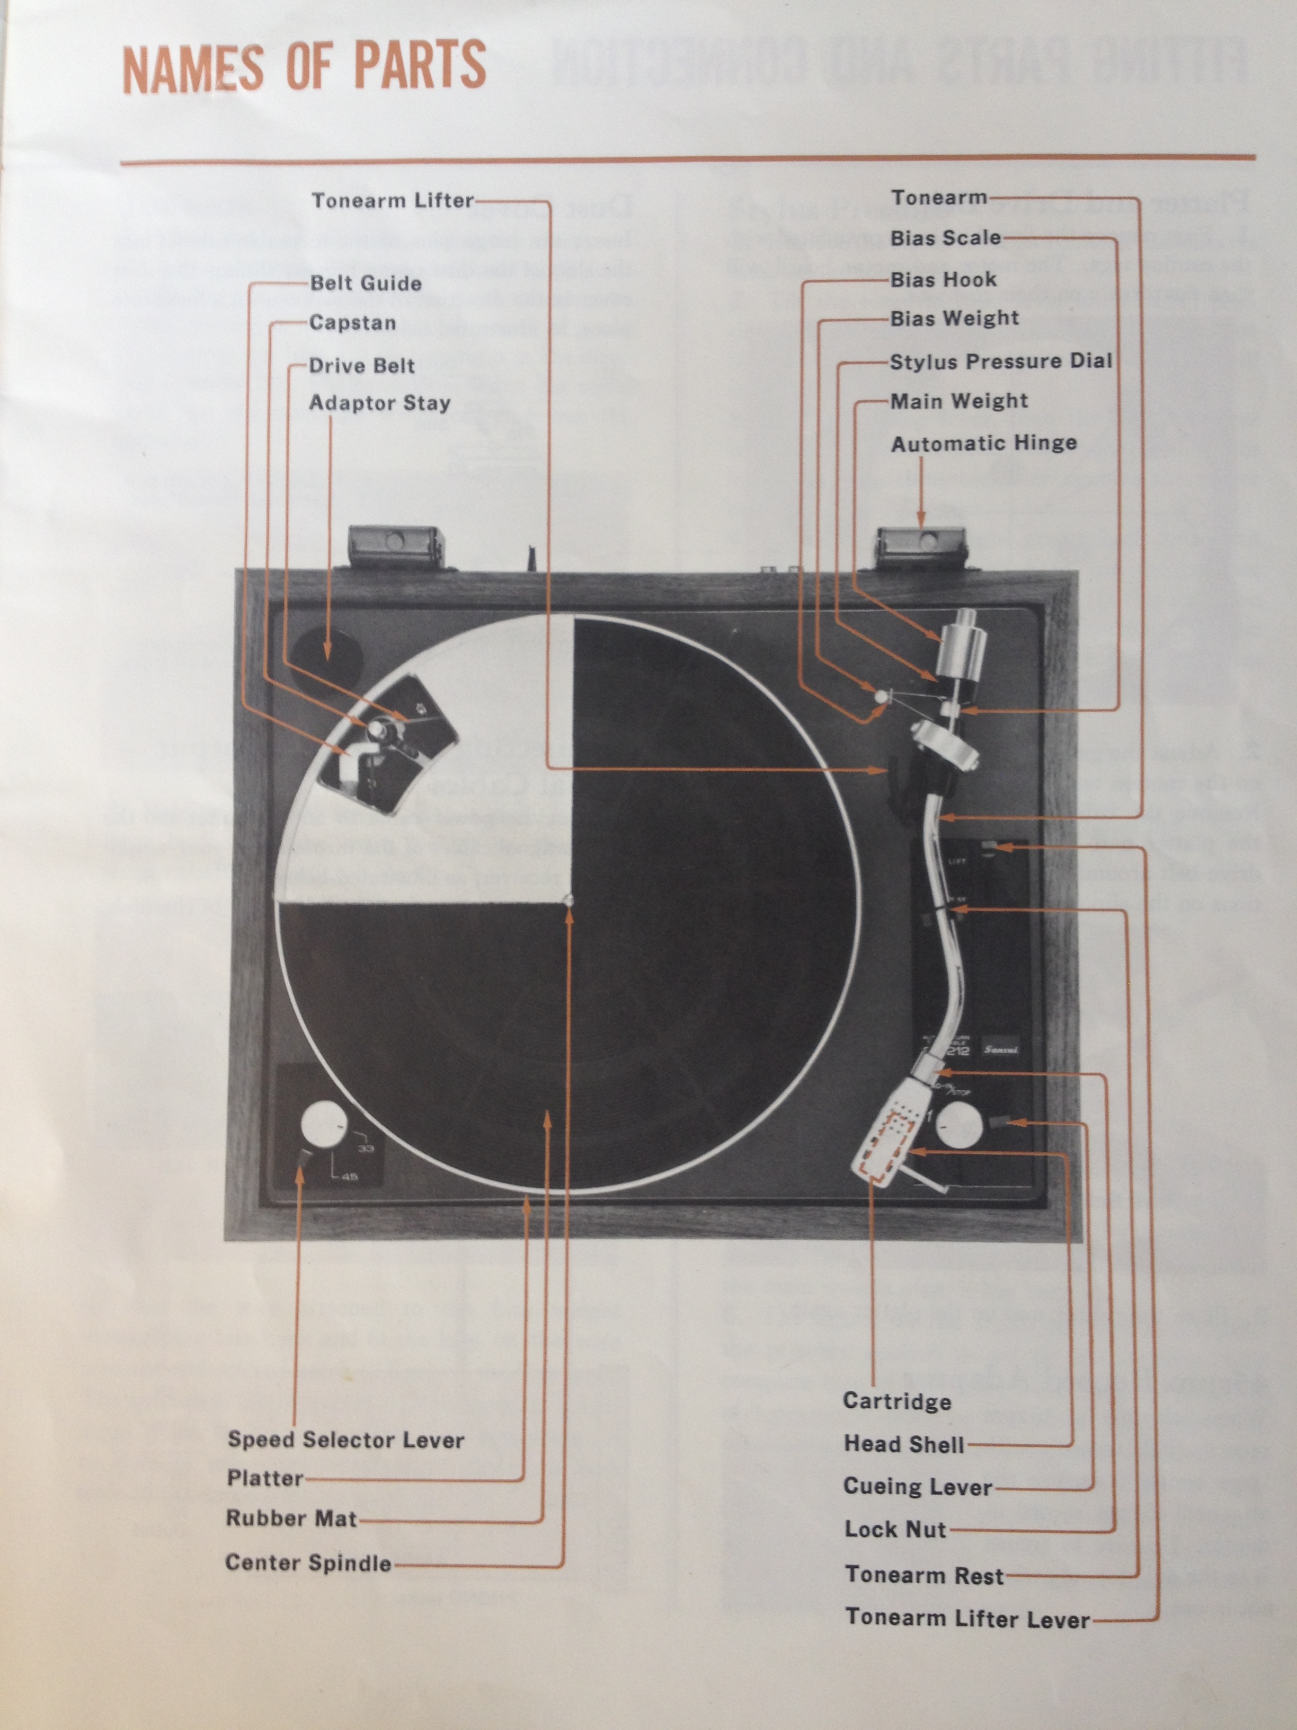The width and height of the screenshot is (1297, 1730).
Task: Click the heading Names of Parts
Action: (304, 68)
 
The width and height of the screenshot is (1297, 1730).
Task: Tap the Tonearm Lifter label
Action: (393, 201)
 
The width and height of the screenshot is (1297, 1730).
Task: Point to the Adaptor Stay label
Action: (380, 403)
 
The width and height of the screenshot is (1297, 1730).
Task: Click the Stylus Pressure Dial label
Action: (1001, 361)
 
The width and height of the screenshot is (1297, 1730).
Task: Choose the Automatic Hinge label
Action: (983, 444)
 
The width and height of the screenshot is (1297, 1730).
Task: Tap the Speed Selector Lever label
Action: (345, 1440)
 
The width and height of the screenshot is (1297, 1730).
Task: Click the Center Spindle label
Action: (308, 1563)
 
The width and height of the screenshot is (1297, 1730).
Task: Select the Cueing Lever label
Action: (917, 1487)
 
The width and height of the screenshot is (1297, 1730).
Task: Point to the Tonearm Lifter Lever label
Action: (967, 1618)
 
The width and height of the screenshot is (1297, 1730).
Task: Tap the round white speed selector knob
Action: (323, 1124)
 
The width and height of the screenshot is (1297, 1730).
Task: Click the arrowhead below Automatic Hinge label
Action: (921, 519)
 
